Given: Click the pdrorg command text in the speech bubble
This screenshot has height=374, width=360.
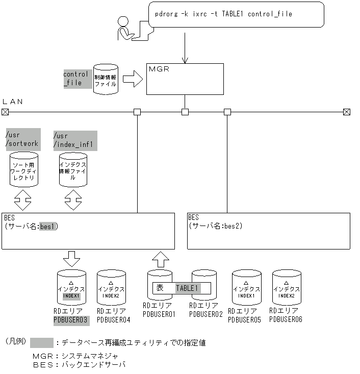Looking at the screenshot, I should tap(223, 14).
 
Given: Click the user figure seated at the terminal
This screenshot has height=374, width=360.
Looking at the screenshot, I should tap(127, 29).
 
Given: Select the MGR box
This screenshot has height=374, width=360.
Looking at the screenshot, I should tap(185, 79).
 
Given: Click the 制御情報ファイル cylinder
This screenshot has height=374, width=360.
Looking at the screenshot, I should tap(106, 79).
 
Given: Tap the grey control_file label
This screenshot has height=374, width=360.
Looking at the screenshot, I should tap(75, 78).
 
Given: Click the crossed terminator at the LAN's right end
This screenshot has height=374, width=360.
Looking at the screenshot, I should tap(347, 112).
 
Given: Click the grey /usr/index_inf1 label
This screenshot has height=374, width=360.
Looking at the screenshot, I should tap(74, 140).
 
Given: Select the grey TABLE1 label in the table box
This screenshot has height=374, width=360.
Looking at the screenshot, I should tap(187, 288).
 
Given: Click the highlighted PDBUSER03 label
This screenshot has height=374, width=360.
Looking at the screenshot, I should tap(71, 320).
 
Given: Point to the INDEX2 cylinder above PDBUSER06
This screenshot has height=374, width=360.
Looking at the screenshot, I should tap(286, 288).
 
